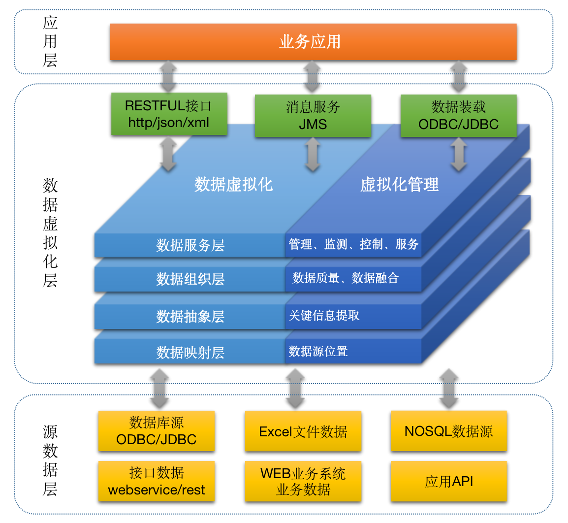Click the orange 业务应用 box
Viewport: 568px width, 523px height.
(x=313, y=42)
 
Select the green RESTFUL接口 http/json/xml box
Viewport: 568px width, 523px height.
(x=169, y=114)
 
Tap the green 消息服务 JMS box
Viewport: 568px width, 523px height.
(x=313, y=116)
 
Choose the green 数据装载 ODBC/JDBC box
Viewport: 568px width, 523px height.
(x=458, y=116)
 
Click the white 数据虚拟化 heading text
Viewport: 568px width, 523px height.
(x=233, y=185)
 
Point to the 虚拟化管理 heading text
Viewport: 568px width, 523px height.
(x=399, y=185)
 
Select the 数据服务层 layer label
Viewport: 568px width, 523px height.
(x=190, y=245)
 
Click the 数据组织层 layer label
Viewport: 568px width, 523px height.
(x=190, y=279)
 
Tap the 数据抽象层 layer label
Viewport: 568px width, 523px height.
(x=190, y=316)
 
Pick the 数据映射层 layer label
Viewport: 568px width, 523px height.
(x=190, y=353)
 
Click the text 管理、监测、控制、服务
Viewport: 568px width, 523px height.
(x=353, y=244)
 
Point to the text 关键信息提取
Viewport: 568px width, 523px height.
(x=324, y=315)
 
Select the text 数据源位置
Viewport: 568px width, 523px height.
(x=318, y=351)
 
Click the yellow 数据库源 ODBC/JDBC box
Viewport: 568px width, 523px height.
(x=156, y=431)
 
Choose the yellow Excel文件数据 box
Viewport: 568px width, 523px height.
(x=303, y=431)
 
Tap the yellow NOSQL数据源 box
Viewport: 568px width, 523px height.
(x=448, y=431)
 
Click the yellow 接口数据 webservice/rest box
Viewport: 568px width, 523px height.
(x=156, y=481)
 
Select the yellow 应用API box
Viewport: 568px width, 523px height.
(x=448, y=481)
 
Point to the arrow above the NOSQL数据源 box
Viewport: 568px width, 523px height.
(x=448, y=389)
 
